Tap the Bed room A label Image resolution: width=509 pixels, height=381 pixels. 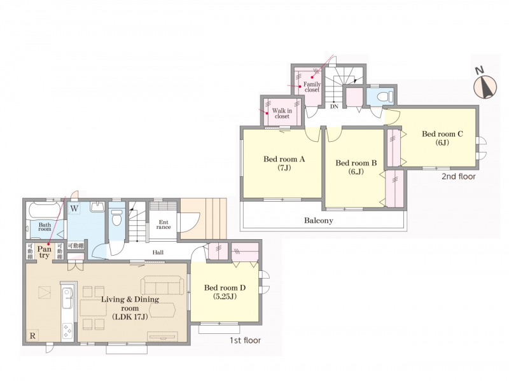284,163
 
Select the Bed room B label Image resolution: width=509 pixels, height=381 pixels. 356,167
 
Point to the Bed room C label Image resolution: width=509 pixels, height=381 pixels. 442,137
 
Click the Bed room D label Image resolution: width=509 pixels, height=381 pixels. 225,291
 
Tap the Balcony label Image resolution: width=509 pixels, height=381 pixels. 319,220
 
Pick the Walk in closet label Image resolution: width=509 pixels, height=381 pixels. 282,113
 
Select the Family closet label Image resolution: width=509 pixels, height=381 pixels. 312,87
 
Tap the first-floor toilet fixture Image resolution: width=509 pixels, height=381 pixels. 117,218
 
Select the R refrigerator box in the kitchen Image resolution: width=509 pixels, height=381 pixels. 32,335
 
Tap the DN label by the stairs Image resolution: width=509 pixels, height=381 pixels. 334,106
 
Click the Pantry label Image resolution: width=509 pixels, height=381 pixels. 44,252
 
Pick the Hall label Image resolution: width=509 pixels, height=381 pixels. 158,252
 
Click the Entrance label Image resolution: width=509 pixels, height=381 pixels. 164,225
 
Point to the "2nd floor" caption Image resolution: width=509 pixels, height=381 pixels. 458,177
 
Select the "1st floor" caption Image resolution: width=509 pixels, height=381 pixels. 245,340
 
